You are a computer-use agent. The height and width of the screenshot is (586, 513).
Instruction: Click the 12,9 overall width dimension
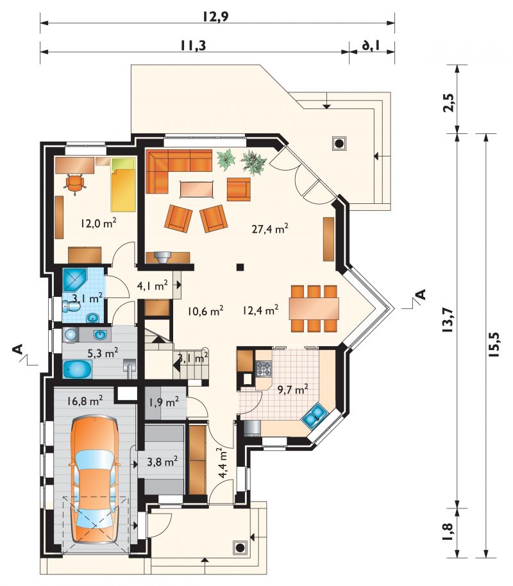[215, 16]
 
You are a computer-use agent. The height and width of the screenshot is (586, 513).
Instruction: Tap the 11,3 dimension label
[193, 46]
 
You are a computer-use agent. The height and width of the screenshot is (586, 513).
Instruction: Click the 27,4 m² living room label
[269, 228]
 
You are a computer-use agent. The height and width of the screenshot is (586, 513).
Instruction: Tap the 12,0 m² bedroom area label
[98, 223]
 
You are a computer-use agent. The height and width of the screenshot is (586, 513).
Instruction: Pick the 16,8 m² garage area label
[85, 401]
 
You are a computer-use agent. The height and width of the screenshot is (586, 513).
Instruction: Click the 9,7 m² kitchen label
[293, 389]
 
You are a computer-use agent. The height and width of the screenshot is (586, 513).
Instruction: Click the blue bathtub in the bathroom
[78, 369]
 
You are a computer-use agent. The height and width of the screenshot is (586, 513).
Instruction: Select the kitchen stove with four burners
[264, 369]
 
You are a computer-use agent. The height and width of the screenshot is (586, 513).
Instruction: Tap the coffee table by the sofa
[197, 188]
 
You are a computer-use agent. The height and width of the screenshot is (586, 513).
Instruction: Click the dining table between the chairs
[314, 308]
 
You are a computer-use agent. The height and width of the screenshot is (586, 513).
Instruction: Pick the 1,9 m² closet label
[164, 402]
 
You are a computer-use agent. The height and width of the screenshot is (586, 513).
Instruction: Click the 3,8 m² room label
[162, 462]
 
